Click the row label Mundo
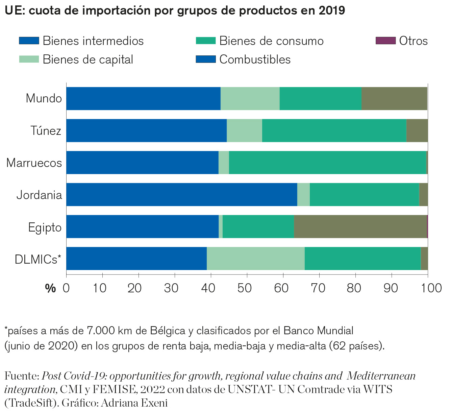pyautogui.click(x=44, y=98)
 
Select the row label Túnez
pyautogui.click(x=46, y=130)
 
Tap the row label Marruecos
pyautogui.click(x=34, y=163)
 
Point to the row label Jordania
pyautogui.click(x=39, y=195)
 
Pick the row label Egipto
pyautogui.click(x=45, y=227)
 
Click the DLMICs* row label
pyautogui.click(x=38, y=259)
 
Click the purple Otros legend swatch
pyautogui.click(x=385, y=41)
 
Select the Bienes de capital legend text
pyautogui.click(x=88, y=59)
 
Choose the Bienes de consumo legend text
pyautogui.click(x=271, y=41)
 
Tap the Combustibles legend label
pyautogui.click(x=255, y=59)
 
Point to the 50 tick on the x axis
pyautogui.click(x=247, y=288)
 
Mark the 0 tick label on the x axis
pyautogui.click(x=66, y=288)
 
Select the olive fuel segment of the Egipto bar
pyautogui.click(x=360, y=226)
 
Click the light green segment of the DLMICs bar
pyautogui.click(x=255, y=259)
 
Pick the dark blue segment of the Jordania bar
pyautogui.click(x=181, y=194)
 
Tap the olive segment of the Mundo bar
pyautogui.click(x=394, y=98)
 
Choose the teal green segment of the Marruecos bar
pyautogui.click(x=327, y=163)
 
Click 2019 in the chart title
pyautogui.click(x=332, y=10)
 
